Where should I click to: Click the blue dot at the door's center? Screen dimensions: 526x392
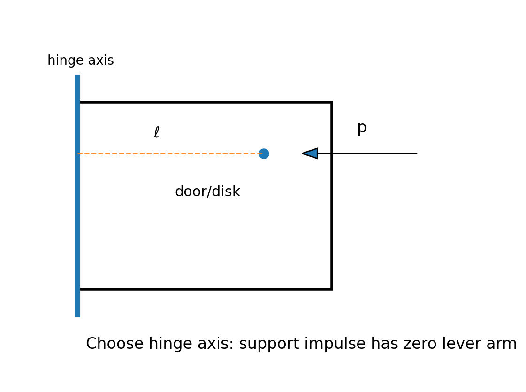[264, 154]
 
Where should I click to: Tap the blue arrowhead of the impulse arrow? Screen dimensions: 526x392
[310, 154]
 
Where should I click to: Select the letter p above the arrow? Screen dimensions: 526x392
[362, 128]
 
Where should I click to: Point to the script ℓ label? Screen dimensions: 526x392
[156, 132]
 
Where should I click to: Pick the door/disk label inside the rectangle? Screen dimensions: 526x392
[208, 191]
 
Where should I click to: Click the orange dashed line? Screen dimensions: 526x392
[170, 154]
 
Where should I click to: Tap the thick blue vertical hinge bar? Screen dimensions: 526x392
[77, 196]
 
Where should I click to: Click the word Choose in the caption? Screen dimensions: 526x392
[115, 344]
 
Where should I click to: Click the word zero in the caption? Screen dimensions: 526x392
[419, 344]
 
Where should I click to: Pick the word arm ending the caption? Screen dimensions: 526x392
[501, 345]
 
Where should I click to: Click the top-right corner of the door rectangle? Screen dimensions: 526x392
[332, 102]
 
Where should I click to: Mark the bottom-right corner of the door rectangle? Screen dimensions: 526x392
[332, 289]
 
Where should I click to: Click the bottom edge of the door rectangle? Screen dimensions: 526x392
[206, 289]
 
